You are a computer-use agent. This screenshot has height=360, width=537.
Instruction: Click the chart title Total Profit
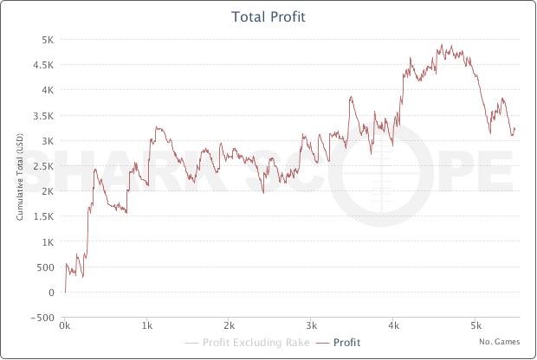coord(268,16)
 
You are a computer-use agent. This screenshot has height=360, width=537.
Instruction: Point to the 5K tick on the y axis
coord(49,39)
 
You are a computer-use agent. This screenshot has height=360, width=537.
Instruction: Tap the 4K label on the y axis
coord(49,89)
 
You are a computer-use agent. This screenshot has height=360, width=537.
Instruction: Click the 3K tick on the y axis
coord(49,140)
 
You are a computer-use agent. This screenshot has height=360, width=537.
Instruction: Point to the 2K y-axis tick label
coord(49,190)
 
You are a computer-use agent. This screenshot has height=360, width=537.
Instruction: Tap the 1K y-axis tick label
coord(49,241)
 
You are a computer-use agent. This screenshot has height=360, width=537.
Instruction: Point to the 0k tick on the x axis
coord(65,328)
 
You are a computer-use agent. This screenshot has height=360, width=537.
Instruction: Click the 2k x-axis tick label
coord(229,328)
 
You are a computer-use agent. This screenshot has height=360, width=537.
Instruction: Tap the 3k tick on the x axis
coord(311,328)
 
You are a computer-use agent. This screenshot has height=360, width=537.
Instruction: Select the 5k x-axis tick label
coord(475,328)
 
